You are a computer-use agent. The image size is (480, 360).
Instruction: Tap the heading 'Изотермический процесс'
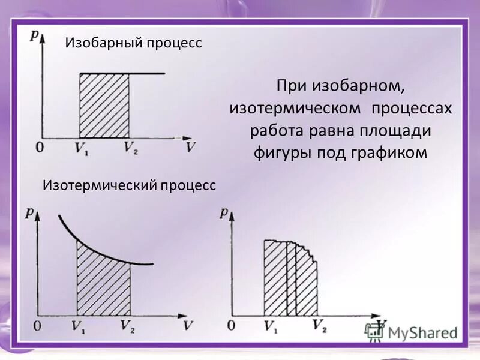pyautogui.click(x=129, y=185)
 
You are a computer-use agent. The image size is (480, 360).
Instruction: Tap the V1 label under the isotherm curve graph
pyautogui.click(x=79, y=326)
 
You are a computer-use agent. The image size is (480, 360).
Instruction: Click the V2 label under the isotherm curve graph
pyautogui.click(x=127, y=326)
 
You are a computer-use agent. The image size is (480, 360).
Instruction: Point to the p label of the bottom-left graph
pyautogui.click(x=29, y=212)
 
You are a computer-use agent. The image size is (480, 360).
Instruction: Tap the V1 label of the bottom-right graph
pyautogui.click(x=271, y=327)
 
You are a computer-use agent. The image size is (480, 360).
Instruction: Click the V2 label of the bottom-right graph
pyautogui.click(x=319, y=327)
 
